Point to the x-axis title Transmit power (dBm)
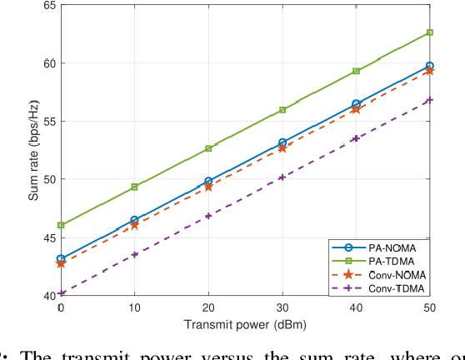[x=245, y=325]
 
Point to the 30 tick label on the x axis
[x=282, y=309]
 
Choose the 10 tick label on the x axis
[x=135, y=309]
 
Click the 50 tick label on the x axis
[x=430, y=309]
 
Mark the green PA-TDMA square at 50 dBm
[x=430, y=32]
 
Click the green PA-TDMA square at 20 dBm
[x=208, y=148]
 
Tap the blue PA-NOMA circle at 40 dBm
[x=357, y=104]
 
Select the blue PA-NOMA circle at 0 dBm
[x=61, y=259]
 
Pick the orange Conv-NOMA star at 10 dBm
[x=135, y=225]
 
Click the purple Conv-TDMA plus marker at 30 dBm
[x=282, y=177]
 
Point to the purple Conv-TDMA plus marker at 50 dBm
[x=430, y=100]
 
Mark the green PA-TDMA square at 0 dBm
[x=61, y=225]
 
